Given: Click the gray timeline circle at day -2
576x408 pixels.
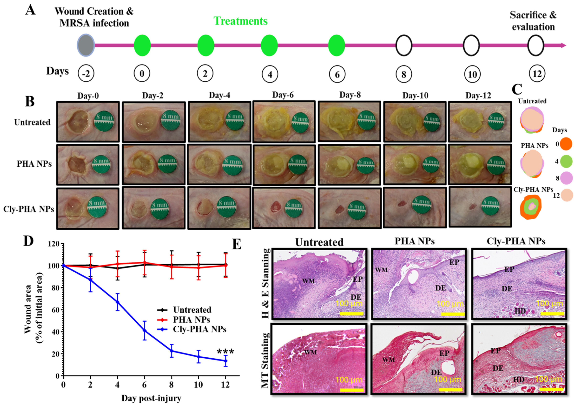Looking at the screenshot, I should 86,46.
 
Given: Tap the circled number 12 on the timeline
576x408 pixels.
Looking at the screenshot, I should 537,74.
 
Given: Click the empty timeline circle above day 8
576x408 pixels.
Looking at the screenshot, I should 404,46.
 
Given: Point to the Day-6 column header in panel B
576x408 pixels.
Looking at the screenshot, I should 283,95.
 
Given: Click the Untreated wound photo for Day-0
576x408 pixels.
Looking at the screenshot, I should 88,122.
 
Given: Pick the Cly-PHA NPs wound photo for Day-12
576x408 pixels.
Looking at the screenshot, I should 480,206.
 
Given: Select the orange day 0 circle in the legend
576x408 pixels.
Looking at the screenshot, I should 566,144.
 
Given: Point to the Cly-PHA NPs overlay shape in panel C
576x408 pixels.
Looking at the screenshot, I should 531,207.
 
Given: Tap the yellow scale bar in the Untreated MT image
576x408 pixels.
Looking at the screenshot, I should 352,390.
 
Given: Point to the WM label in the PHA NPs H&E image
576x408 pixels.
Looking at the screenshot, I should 381,270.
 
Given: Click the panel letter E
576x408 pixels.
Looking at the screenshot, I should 237,244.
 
